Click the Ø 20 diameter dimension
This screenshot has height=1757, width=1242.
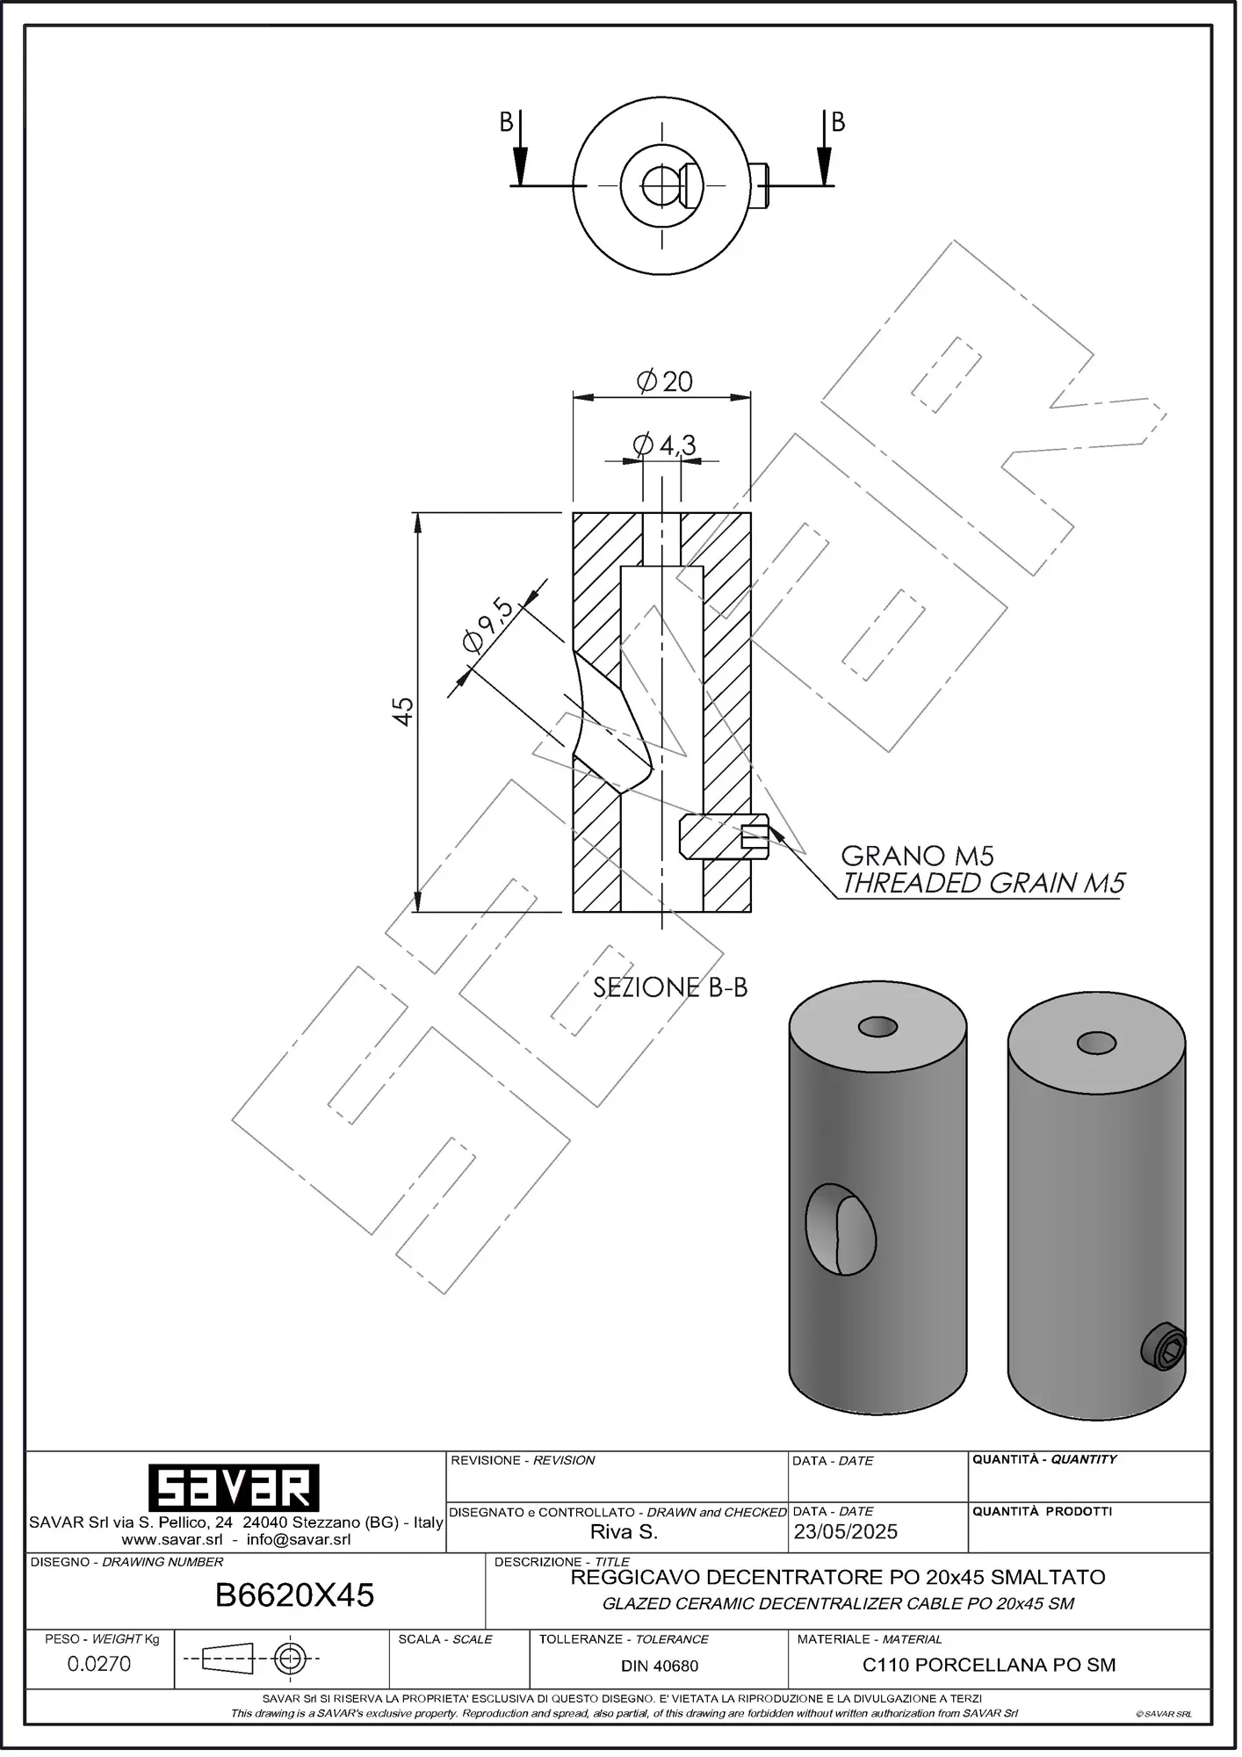click(x=665, y=381)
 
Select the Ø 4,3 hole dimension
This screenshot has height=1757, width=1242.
click(x=664, y=445)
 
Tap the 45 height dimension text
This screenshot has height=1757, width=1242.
click(x=403, y=711)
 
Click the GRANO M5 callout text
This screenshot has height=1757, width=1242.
click(x=917, y=856)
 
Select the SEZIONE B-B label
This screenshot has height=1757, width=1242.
click(x=670, y=987)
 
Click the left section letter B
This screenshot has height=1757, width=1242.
click(x=506, y=122)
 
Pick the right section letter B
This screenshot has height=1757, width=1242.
click(x=838, y=122)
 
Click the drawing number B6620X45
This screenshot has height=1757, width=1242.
click(x=294, y=1594)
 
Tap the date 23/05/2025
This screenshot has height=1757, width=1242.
click(x=845, y=1531)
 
